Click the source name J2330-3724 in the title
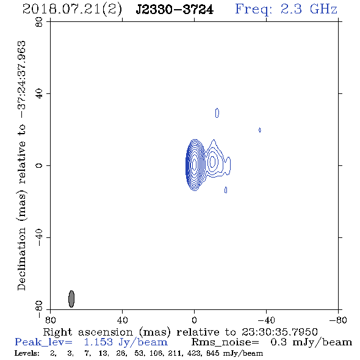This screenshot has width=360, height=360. pos(175,10)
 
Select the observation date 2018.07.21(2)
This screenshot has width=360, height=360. pos(72,10)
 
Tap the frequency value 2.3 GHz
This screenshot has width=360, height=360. pos(309,9)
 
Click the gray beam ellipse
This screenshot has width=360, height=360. pos(71,299)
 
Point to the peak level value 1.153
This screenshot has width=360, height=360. pos(98,342)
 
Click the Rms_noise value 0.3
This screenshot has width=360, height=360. pos(278,342)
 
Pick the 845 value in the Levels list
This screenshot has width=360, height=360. pos(212,353)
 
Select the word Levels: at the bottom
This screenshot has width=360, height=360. pos(27,353)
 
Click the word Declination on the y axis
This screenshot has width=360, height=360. pos(21,259)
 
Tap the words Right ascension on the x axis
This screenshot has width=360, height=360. pos(88,332)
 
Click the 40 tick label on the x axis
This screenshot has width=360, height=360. pos(122,320)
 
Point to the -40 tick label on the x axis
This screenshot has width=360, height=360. pos(266,320)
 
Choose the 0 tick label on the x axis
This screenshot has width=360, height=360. pos(194,320)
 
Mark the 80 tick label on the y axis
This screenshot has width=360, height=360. pos(39,22)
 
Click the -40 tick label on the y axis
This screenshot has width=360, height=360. pos(39,237)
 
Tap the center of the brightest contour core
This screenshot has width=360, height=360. pos(195,164)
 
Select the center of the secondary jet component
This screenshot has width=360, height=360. pos(212,161)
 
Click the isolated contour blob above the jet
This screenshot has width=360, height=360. pos(217,113)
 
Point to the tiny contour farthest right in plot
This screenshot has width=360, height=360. pos(260,130)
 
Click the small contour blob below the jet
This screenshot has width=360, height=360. pos(226,190)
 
